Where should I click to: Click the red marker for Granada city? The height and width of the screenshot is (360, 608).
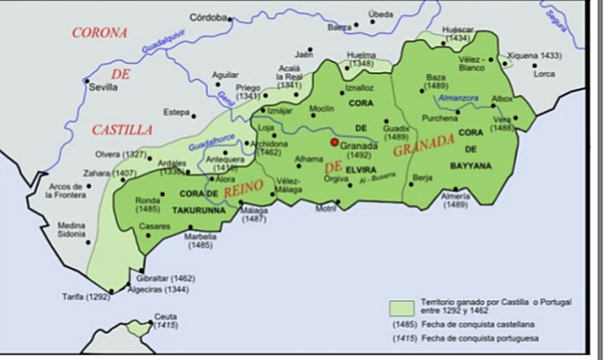coord(333,143)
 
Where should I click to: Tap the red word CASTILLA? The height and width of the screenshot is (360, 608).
coord(123,128)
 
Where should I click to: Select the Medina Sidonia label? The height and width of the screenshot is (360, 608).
coord(72,231)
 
